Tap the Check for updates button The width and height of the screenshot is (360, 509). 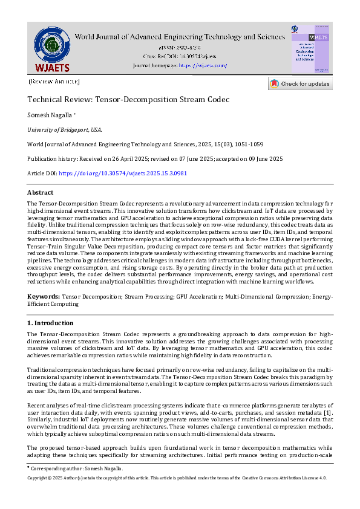300,83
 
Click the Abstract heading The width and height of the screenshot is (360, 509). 41,192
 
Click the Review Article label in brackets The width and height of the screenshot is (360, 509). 54,80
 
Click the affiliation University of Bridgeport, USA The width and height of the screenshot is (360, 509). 65,129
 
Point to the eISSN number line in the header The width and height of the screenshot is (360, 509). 179,47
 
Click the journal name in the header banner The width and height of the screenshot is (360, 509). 179,37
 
